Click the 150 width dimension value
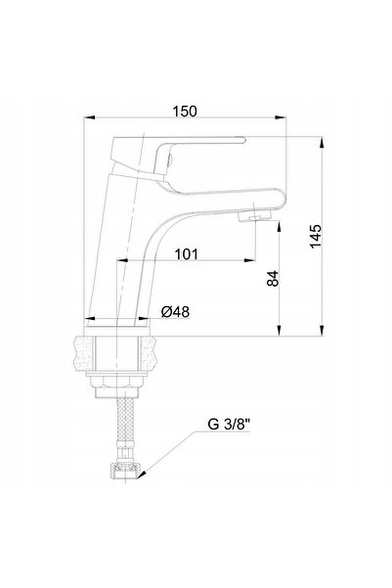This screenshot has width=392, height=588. point(184,112)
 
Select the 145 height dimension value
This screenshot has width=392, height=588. point(316,236)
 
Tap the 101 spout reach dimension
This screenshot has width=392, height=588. point(186,254)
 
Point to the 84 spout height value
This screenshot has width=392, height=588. point(273,278)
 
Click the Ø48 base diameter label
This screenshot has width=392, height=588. point(175,312)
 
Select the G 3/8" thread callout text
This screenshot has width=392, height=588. point(229,425)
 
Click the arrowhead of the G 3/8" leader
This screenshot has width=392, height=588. point(141,475)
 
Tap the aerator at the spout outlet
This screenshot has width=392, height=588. point(255,216)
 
